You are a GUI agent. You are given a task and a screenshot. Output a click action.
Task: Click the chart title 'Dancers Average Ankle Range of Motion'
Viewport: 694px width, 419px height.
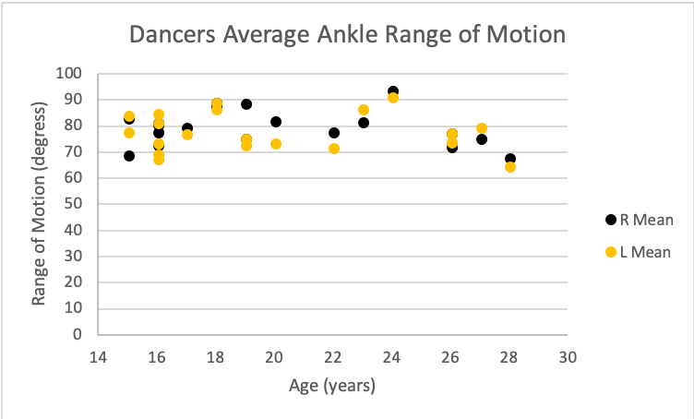click(x=346, y=36)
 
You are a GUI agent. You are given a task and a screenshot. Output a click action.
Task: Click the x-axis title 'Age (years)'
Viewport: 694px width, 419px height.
click(x=333, y=386)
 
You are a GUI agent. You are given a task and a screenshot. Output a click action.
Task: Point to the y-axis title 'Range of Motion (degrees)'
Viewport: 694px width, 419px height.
click(x=39, y=204)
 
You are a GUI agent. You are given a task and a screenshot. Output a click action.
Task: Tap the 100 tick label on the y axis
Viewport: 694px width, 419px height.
click(x=69, y=74)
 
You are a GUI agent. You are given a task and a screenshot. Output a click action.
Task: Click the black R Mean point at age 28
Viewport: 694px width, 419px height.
click(x=510, y=159)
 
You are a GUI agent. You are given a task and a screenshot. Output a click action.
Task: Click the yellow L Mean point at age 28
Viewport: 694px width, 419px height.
click(x=510, y=167)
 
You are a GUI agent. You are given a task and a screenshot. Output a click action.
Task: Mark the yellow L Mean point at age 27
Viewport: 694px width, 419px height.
click(x=482, y=128)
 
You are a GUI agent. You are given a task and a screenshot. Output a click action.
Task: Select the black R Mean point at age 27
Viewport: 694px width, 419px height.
click(x=482, y=139)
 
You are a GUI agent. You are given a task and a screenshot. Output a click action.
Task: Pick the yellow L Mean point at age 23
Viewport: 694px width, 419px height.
click(x=364, y=110)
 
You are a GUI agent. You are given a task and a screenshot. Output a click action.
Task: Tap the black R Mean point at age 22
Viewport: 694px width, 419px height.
click(x=334, y=133)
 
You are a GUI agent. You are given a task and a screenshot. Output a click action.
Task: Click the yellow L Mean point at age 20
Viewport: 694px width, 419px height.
click(x=276, y=144)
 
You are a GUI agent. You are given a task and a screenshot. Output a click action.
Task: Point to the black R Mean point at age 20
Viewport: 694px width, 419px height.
click(x=276, y=122)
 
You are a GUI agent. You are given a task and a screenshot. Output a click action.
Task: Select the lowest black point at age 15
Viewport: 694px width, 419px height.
click(x=129, y=156)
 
